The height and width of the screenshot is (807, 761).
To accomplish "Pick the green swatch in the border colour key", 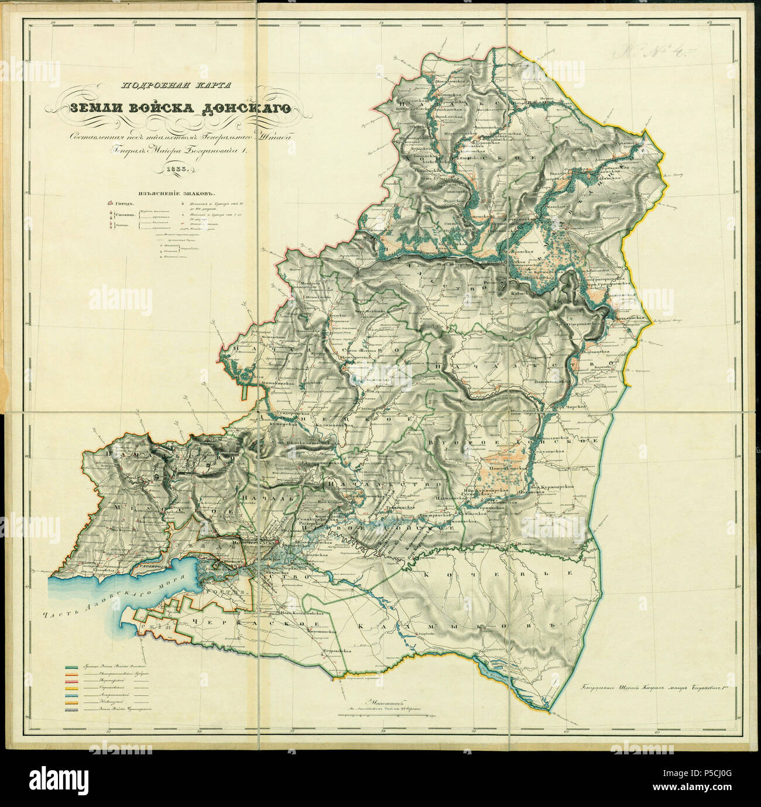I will pos(73,667).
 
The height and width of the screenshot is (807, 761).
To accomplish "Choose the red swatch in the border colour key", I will pos(73,682).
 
